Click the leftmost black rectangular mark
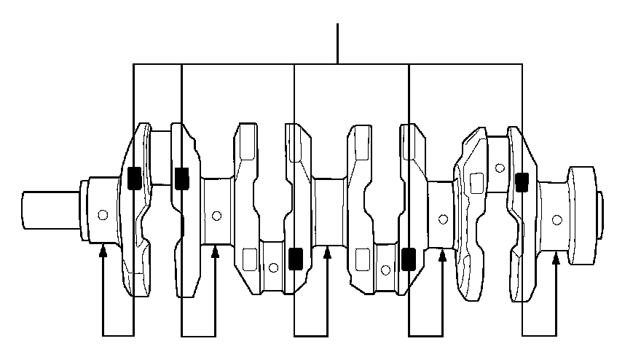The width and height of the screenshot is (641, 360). (134, 179)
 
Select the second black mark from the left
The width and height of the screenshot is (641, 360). (181, 177)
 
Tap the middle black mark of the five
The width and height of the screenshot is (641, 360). (295, 258)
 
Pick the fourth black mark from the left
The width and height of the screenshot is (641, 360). (409, 257)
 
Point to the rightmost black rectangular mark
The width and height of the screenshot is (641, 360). (522, 182)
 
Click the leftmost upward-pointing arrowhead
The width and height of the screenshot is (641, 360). (103, 251)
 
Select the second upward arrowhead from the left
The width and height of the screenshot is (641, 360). (215, 251)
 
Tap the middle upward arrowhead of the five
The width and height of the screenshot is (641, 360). (327, 251)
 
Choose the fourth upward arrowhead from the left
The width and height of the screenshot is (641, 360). (441, 254)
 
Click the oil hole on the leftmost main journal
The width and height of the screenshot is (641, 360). (103, 214)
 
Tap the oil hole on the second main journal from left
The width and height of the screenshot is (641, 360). (216, 216)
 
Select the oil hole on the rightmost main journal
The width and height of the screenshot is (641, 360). (557, 219)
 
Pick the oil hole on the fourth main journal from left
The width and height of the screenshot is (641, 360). (442, 218)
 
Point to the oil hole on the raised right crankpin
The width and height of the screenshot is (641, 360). (499, 168)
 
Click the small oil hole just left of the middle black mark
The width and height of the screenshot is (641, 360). (272, 267)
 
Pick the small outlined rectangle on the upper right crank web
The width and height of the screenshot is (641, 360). (477, 183)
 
